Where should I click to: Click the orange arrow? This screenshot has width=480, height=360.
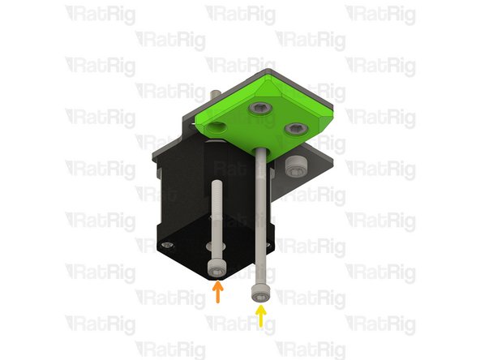(x=216, y=293)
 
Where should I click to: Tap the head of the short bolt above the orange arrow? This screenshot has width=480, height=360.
(x=215, y=268)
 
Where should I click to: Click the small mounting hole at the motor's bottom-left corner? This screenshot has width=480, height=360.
(x=166, y=243)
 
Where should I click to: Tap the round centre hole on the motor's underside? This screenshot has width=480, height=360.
(x=212, y=245)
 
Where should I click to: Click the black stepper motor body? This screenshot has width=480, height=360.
(x=178, y=195)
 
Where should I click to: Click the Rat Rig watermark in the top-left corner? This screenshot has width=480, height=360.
(x=100, y=14)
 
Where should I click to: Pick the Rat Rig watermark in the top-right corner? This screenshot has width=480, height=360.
(x=379, y=14)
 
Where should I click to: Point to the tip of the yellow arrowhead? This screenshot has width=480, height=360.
(x=260, y=306)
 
